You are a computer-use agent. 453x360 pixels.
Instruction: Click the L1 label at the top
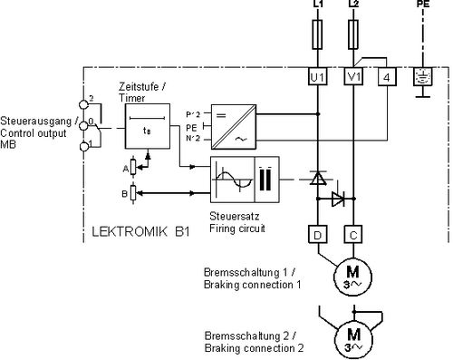point(318,5)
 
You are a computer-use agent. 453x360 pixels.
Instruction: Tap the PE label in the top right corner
point(422,5)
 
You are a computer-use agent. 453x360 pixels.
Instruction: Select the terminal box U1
point(318,78)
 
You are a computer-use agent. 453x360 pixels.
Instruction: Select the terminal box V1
point(353,78)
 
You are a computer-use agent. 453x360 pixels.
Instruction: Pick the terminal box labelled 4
point(386,78)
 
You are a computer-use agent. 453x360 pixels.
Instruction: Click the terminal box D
point(318,234)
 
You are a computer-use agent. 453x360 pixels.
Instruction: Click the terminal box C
point(353,234)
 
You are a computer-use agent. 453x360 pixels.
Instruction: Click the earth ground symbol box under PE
point(422,78)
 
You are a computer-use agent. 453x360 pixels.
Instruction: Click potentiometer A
point(135,167)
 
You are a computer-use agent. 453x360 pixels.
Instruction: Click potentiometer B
point(135,191)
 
